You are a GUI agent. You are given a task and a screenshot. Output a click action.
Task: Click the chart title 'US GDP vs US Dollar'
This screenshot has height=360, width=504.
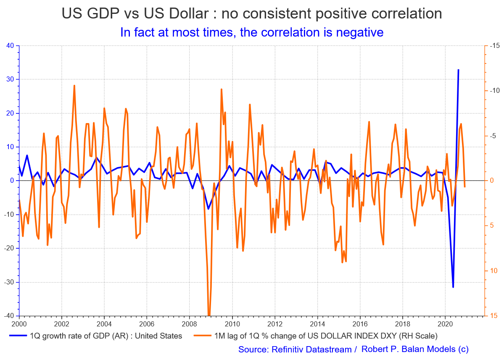[139, 13]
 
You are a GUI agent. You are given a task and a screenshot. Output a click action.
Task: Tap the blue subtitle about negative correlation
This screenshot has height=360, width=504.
[252, 32]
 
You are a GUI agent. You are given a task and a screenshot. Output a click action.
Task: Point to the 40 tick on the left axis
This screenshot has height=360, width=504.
[11, 46]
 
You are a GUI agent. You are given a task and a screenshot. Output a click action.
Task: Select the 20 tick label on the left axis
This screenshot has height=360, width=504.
[11, 113]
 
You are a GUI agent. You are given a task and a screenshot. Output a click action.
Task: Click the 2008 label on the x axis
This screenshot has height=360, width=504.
[189, 324]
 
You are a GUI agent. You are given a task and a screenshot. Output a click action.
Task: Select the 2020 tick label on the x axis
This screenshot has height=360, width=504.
[445, 324]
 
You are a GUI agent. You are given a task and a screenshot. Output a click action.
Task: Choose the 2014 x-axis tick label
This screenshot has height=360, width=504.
[317, 324]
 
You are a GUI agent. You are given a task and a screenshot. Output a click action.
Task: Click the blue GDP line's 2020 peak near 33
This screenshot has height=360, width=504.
[458, 70]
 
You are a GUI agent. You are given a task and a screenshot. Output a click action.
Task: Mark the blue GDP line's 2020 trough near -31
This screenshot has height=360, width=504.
[453, 287]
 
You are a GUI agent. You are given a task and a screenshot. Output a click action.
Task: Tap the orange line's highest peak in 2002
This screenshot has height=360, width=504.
[74, 86]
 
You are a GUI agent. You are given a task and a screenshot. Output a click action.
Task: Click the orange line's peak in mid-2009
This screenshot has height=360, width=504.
[221, 89]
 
